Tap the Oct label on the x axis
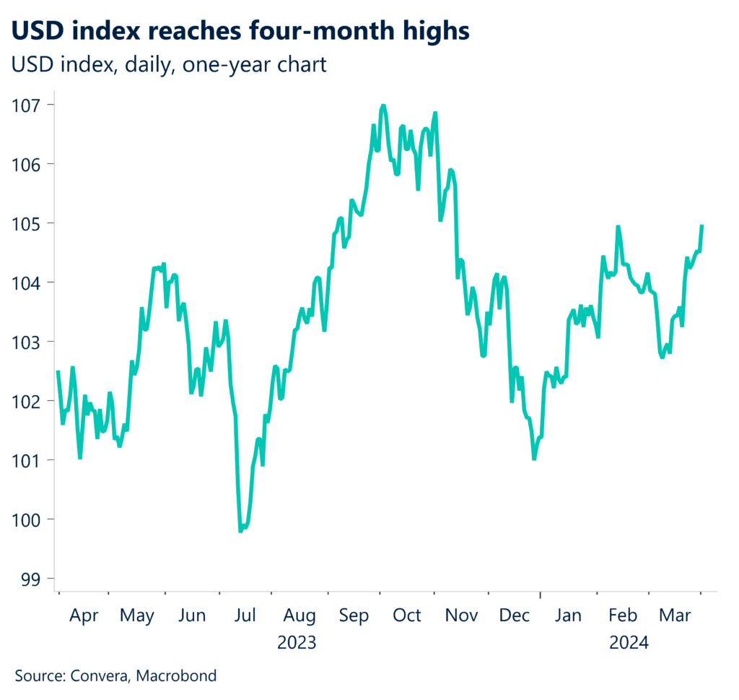coord(406,615)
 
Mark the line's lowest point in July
coord(240,531)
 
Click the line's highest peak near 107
coord(382,105)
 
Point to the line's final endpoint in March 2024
coord(701,226)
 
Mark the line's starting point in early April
coord(58,371)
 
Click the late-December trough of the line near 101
coord(534,459)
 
